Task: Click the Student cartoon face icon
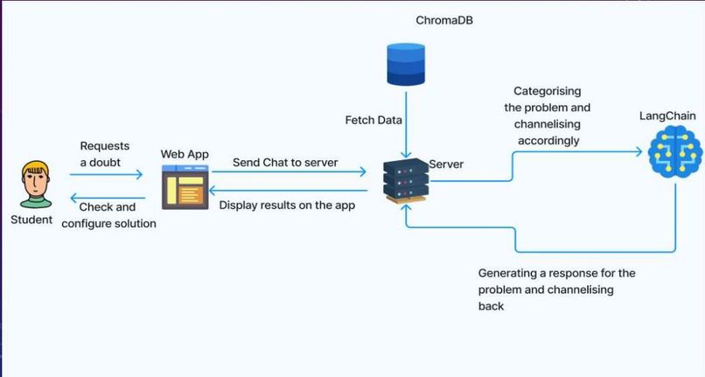[x=37, y=185]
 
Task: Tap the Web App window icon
[x=185, y=187]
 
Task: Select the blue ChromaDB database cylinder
[x=406, y=65]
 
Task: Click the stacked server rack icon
[x=406, y=181]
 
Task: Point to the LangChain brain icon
[x=675, y=152]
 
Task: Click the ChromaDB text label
[x=444, y=20]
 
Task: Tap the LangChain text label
[x=667, y=116]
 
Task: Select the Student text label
[x=31, y=220]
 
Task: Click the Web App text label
[x=185, y=154]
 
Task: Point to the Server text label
[x=446, y=164]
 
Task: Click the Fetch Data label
[x=373, y=120]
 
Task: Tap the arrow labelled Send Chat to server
[x=290, y=171]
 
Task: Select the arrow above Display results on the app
[x=288, y=191]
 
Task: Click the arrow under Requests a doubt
[x=106, y=174]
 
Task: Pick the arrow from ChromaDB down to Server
[x=406, y=125]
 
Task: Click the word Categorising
[x=548, y=91]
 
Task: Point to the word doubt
[x=104, y=163]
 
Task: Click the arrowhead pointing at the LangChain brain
[x=639, y=151]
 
